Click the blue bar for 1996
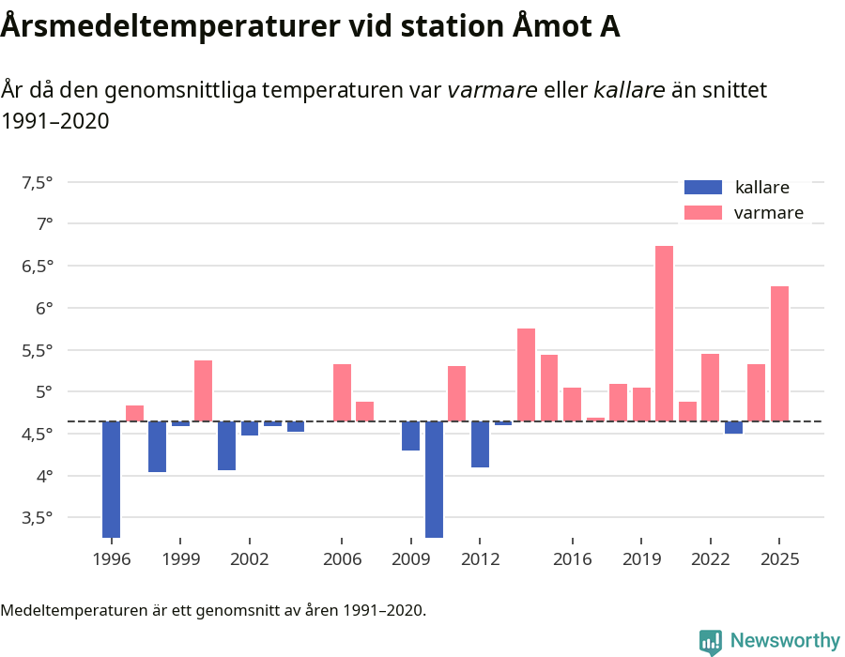tap(111, 479)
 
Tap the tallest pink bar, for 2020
tap(664, 333)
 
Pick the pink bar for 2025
tap(779, 354)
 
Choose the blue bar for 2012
tap(480, 444)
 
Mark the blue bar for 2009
tap(410, 435)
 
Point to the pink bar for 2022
tap(710, 388)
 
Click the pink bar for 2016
tap(572, 405)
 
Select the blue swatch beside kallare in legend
tap(703, 187)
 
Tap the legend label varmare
tap(768, 213)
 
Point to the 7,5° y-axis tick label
tap(37, 182)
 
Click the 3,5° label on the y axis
tap(37, 517)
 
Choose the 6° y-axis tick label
tap(44, 308)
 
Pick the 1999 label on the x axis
tap(180, 558)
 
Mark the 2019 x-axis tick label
tap(641, 558)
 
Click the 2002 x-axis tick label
tap(250, 558)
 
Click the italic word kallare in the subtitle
tap(629, 90)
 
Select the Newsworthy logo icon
tap(711, 641)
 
